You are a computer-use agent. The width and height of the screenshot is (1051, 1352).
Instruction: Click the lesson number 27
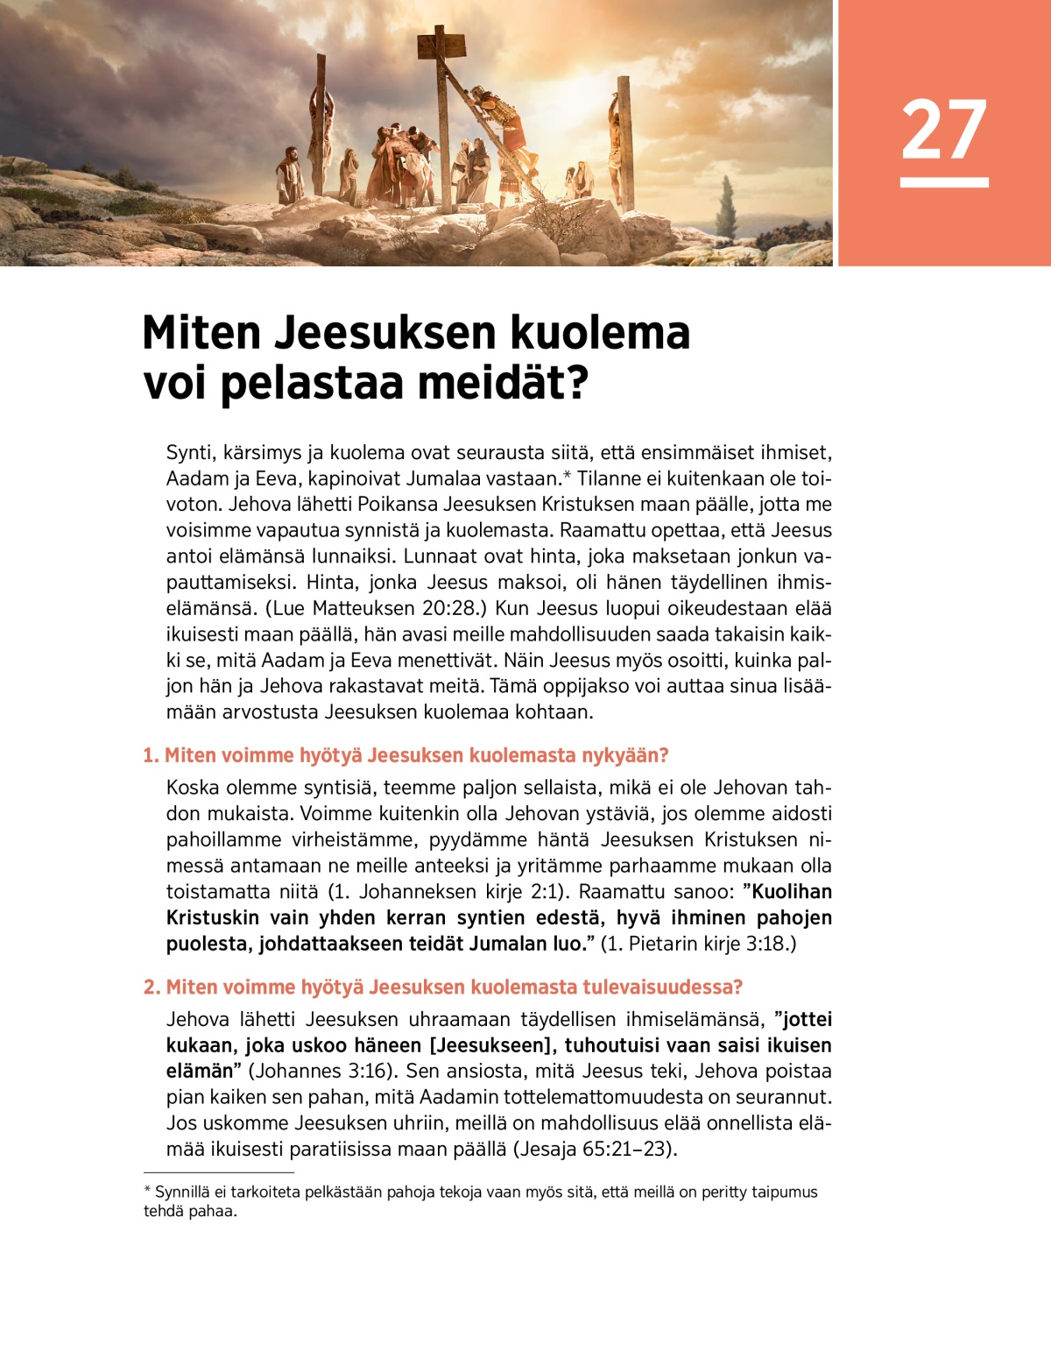[x=943, y=130]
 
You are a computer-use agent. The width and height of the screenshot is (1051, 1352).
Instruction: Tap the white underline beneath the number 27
[x=943, y=182]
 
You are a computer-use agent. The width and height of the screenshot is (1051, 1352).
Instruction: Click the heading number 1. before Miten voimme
[x=151, y=755]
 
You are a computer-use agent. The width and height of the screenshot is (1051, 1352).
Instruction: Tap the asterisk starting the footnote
[x=147, y=1192]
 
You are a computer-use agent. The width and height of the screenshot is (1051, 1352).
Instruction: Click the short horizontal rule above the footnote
[x=219, y=1172]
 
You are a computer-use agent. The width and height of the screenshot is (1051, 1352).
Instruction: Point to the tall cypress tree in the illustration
[x=726, y=208]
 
